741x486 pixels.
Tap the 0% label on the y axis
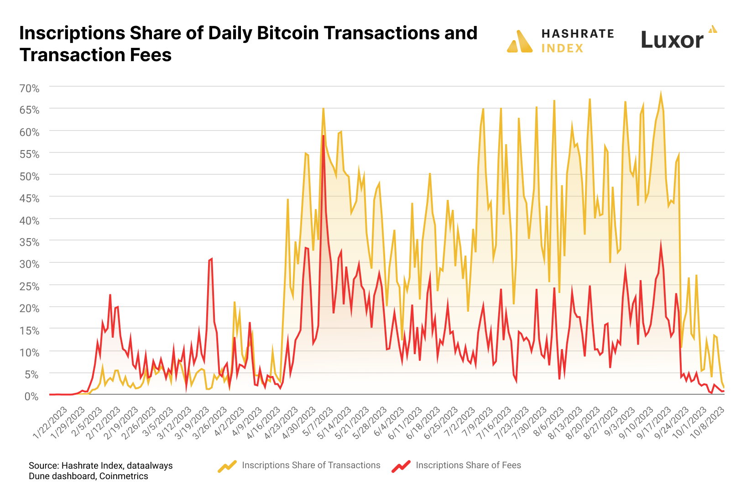31,397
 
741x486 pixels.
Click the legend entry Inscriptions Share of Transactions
311,465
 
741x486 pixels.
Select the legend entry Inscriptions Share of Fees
468,465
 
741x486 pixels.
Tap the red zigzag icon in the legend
401,466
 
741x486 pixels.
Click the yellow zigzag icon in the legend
227,466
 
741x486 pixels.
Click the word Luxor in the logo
672,40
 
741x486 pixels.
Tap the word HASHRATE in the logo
578,34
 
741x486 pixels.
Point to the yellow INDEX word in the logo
562,48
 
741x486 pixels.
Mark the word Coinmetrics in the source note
124,476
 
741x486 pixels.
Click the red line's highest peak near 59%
323,136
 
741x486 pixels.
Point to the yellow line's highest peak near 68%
661,94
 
